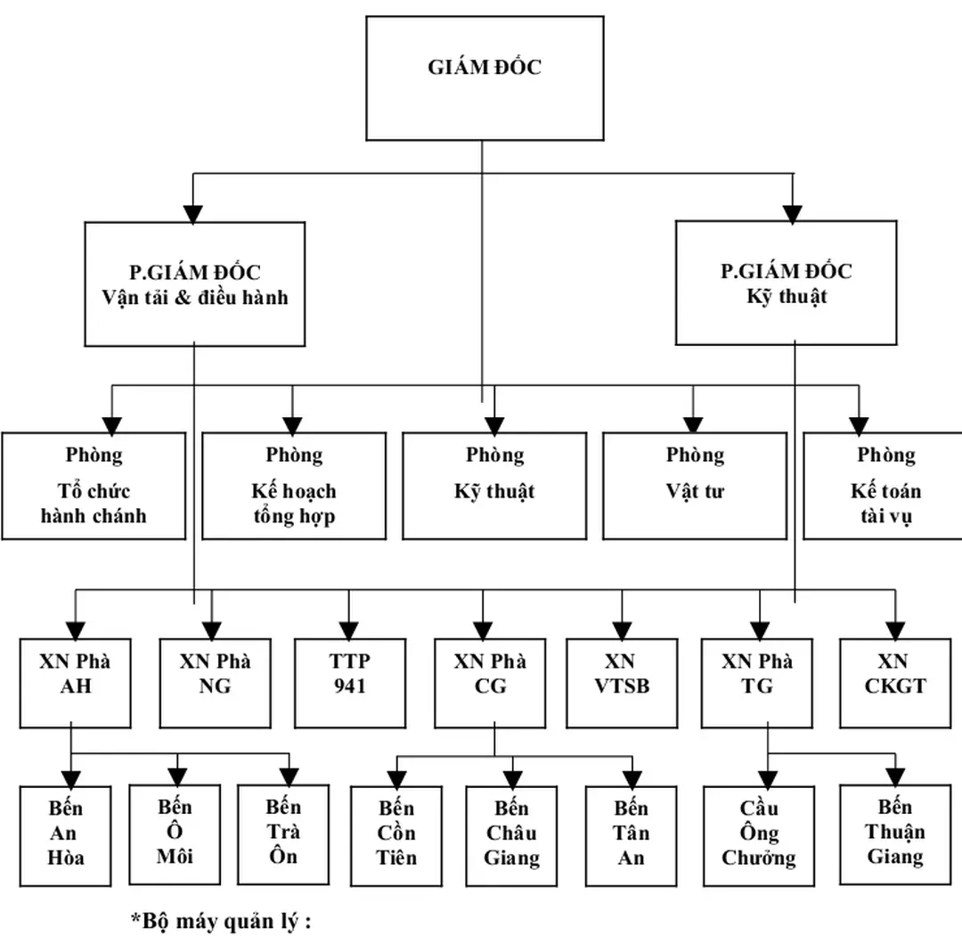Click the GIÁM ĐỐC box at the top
(484, 78)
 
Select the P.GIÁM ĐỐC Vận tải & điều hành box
(195, 283)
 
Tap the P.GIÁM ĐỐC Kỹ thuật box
(787, 283)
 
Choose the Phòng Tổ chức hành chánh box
(94, 486)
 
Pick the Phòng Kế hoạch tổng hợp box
(294, 486)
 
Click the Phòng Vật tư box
(695, 486)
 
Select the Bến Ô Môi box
(175, 833)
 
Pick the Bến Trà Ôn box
(283, 833)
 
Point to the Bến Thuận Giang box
(894, 833)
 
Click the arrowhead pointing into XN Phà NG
(211, 629)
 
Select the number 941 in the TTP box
(349, 687)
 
